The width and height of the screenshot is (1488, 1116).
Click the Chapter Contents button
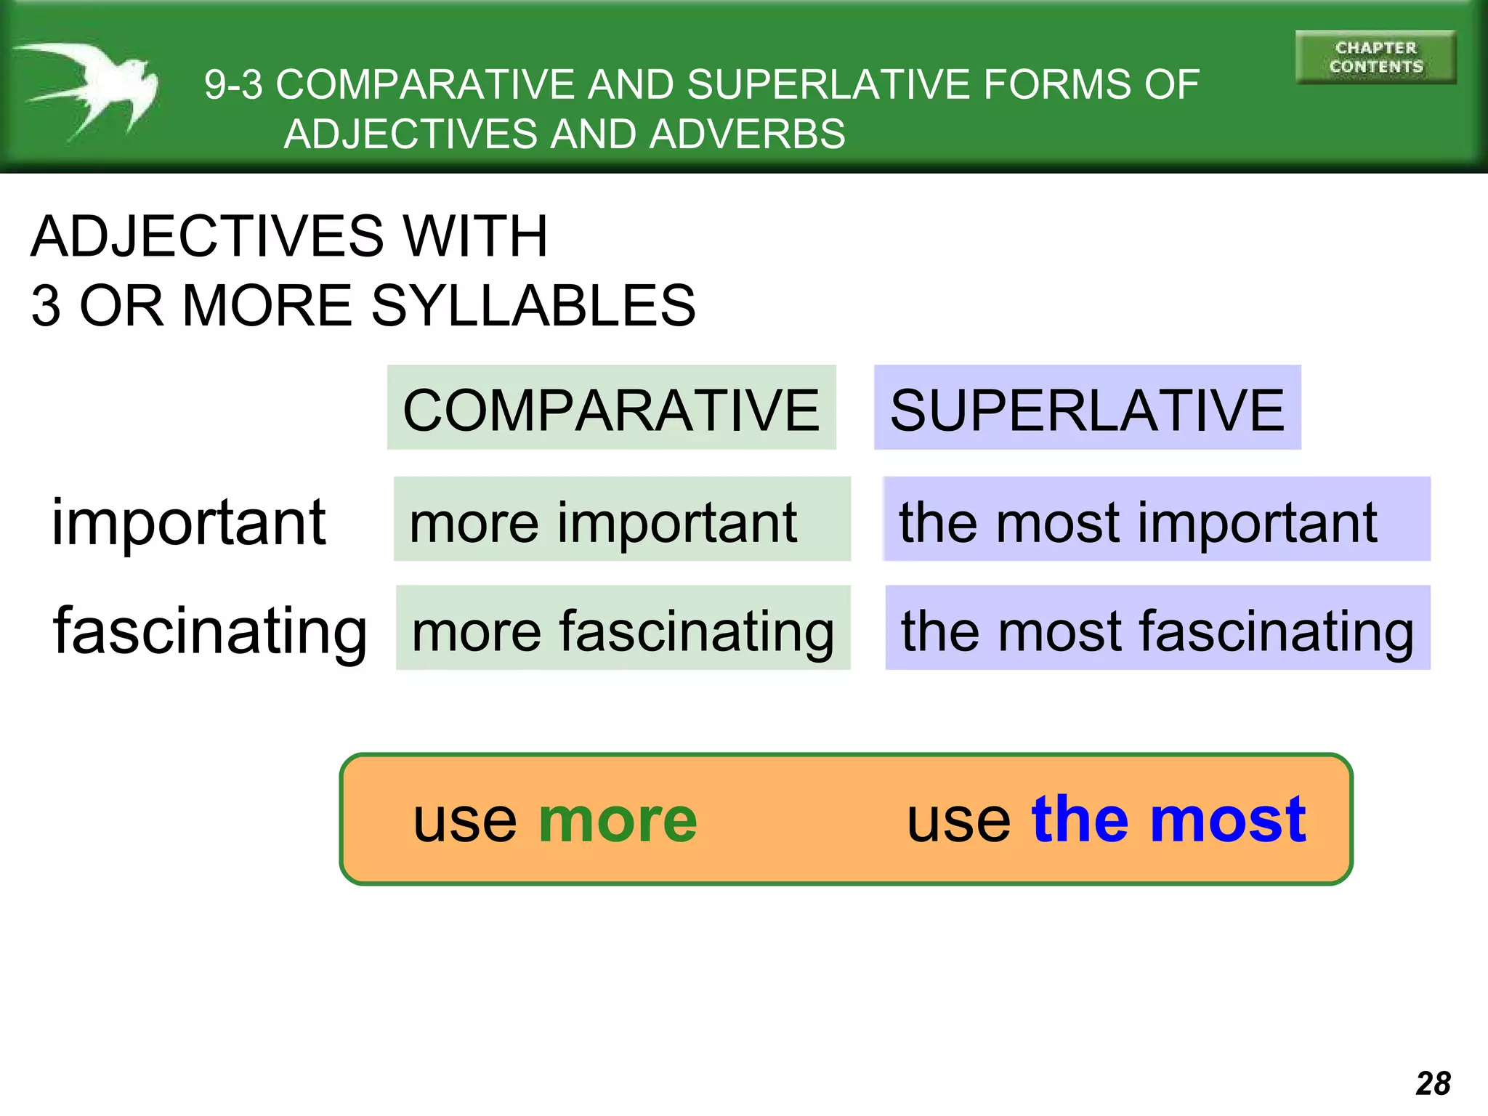(x=1375, y=57)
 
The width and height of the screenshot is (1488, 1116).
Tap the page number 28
(x=1433, y=1083)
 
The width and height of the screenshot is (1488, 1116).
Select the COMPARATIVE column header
(x=611, y=409)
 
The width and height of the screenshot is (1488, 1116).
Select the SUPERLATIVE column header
(x=1087, y=409)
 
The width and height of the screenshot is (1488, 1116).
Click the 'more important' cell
(x=621, y=520)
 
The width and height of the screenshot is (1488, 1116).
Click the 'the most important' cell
(x=1156, y=520)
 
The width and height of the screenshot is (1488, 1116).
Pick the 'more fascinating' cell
(x=623, y=628)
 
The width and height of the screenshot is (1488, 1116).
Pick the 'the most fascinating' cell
(x=1157, y=628)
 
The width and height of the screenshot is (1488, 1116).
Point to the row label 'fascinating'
(x=210, y=631)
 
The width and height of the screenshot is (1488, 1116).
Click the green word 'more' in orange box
(x=618, y=820)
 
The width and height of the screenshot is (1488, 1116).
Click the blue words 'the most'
(x=1168, y=819)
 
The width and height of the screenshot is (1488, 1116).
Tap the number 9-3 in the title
(x=233, y=85)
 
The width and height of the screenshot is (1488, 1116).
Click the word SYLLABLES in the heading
(x=533, y=306)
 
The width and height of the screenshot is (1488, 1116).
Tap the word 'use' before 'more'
(x=465, y=822)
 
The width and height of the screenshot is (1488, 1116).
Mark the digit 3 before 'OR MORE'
(x=46, y=306)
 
